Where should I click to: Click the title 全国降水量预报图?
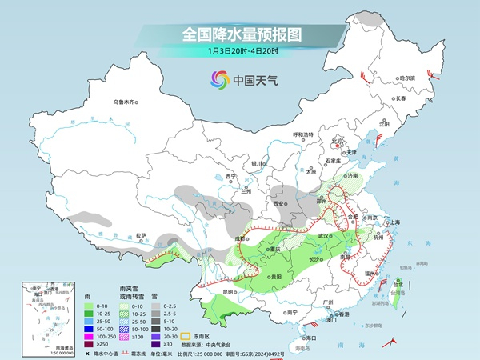tap(240, 34)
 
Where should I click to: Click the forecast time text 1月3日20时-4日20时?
tap(240, 52)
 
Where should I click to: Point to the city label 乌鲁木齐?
tap(126, 102)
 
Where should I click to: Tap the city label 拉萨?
tap(141, 235)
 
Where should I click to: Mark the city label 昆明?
tap(230, 291)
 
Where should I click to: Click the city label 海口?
tap(311, 338)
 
